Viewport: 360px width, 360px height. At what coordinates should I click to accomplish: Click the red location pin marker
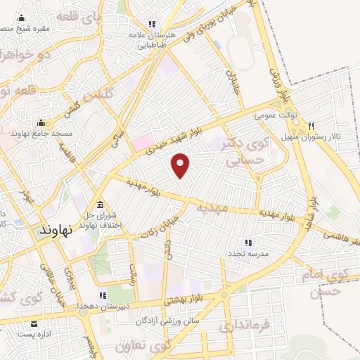(181, 165)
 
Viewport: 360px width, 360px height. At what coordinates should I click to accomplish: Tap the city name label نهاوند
(58, 231)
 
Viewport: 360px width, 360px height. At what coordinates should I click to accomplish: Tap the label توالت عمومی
(276, 114)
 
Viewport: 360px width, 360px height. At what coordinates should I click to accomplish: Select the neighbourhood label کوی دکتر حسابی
(243, 150)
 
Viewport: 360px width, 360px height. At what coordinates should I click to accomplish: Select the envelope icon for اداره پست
(35, 324)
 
